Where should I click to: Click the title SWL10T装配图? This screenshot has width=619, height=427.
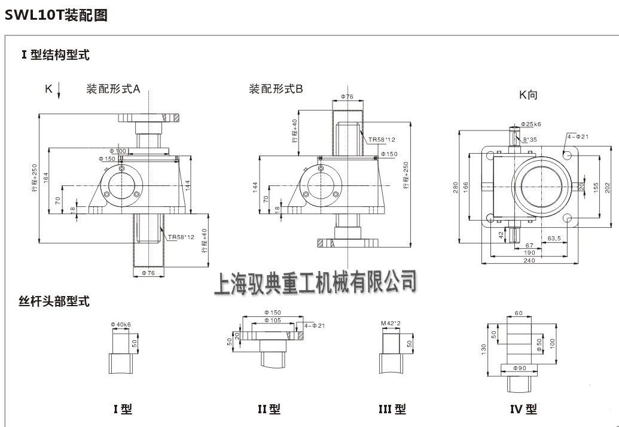[x=56, y=16]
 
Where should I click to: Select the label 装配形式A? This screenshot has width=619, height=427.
[x=114, y=90]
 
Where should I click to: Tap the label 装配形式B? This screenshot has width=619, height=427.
[x=276, y=89]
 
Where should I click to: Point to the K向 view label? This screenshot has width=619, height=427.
[x=529, y=94]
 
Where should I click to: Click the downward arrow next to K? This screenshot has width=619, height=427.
[x=59, y=91]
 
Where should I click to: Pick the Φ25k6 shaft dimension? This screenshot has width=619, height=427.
[x=530, y=124]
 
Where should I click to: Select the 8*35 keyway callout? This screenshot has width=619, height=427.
[x=530, y=139]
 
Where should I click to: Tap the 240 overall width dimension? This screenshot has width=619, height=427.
[x=529, y=260]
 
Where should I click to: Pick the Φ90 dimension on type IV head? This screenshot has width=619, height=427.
[x=518, y=368]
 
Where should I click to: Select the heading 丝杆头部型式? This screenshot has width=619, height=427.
[x=54, y=301]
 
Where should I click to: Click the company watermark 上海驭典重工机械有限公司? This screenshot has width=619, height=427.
[x=315, y=281]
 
